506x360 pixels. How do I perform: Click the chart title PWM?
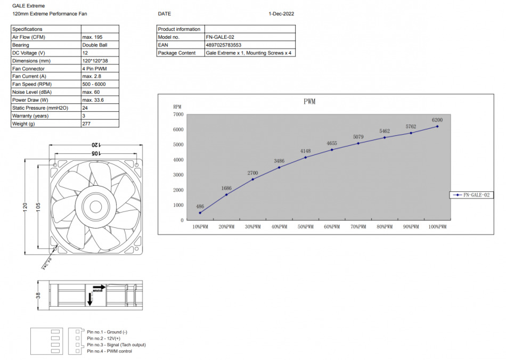coord(309,102)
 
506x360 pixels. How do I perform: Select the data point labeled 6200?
coord(437,126)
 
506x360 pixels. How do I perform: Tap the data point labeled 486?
coord(200,213)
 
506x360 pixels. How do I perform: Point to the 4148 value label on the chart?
coord(305,151)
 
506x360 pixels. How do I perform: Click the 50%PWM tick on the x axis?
coord(305,227)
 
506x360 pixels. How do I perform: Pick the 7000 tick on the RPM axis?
coord(178,114)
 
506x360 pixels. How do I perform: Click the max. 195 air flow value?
coord(92,37)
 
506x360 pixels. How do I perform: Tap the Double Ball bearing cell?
coord(95,45)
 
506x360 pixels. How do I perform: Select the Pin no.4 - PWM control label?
coord(109,351)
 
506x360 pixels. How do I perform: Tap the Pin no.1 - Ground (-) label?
coord(107,332)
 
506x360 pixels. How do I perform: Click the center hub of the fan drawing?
coord(96,206)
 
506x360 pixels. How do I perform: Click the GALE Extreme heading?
coord(25,6)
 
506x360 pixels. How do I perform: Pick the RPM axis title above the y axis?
coord(177,107)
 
